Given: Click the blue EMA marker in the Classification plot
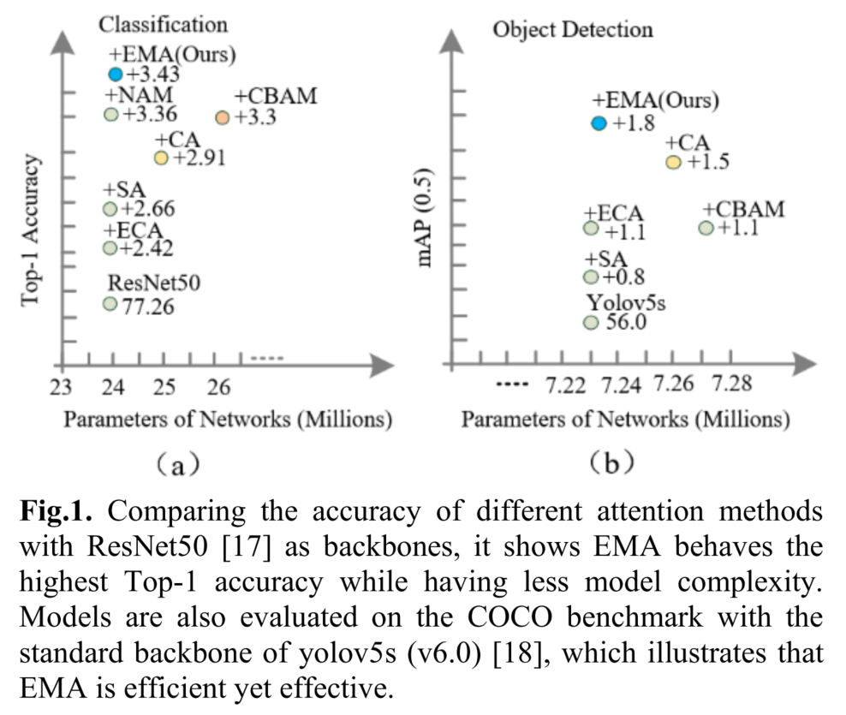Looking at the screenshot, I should (116, 74).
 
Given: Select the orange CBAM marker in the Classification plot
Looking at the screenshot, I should (223, 117).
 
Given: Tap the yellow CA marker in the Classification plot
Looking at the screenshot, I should (160, 158).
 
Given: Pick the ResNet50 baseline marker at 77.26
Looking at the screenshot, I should (110, 303).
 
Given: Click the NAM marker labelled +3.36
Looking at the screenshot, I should (110, 114).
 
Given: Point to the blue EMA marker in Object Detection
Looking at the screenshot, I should (599, 123).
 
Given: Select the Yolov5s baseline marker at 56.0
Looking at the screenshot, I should (590, 322).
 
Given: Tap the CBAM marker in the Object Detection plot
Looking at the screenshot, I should (706, 228).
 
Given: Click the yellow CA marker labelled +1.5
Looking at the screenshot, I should (673, 162).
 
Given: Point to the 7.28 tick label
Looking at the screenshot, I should (734, 384).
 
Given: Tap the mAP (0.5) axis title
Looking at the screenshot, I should (426, 217).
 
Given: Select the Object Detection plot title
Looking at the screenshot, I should (572, 29).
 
